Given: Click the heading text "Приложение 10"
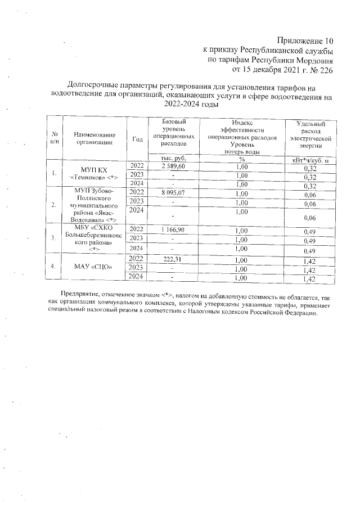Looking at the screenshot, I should point(305,40).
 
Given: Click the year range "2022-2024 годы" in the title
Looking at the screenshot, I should point(191,104).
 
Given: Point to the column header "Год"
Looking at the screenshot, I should point(137,139).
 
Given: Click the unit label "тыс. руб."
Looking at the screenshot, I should point(173,158).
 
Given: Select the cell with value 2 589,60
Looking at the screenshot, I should point(173,166).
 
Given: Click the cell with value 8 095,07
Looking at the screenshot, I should point(173,192).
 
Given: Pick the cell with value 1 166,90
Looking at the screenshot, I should point(173,230).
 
